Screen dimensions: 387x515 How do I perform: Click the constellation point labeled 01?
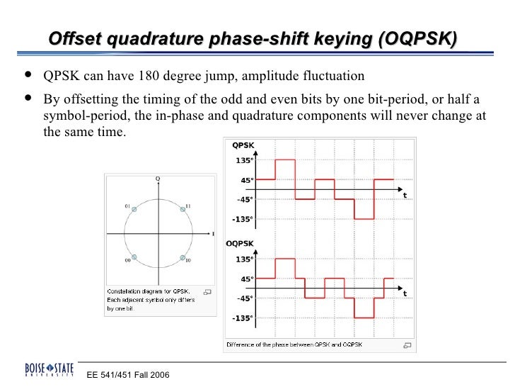point(134,211)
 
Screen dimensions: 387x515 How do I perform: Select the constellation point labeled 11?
point(181,211)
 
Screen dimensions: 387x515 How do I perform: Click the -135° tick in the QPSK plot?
point(242,219)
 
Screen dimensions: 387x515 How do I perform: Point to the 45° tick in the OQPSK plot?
point(247,279)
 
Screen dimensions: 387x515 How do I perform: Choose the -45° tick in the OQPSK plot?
point(245,298)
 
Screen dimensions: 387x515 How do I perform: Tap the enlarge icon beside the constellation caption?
point(207,291)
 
